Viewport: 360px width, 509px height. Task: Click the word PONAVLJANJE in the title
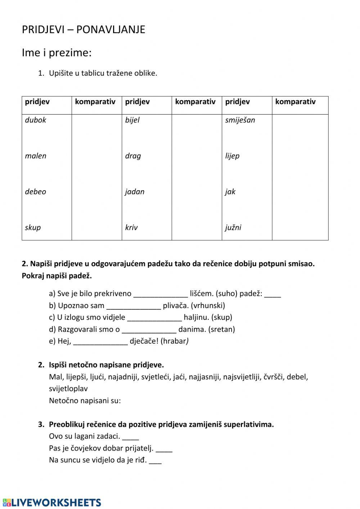(x=111, y=30)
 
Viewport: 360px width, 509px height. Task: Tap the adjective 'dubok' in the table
(x=36, y=120)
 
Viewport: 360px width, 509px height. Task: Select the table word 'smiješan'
(x=240, y=120)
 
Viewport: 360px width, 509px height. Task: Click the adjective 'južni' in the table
(x=233, y=227)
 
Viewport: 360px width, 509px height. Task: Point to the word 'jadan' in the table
(x=135, y=192)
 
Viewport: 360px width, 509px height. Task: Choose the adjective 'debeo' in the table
(x=36, y=192)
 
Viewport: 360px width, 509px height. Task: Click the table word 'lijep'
(x=232, y=156)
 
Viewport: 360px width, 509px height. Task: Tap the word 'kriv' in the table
(x=131, y=227)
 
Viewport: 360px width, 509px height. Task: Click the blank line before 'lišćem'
(x=161, y=294)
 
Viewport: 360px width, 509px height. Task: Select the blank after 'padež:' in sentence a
(x=273, y=294)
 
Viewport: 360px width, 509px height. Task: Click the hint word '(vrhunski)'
(x=208, y=305)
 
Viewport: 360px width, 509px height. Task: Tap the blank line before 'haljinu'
(x=154, y=318)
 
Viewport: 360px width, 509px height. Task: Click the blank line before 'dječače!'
(x=100, y=342)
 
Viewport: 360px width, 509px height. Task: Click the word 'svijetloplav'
(x=68, y=389)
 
